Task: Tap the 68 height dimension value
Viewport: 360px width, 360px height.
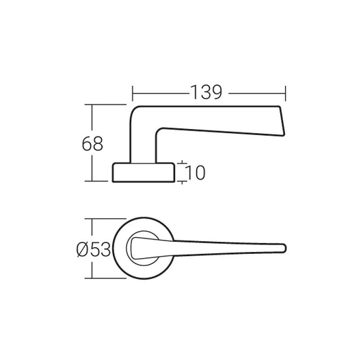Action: pos(92,143)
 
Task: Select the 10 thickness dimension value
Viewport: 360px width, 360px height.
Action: pos(194,173)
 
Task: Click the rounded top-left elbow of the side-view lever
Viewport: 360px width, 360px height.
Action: pos(134,110)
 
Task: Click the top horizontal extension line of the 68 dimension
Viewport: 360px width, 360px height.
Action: pos(108,105)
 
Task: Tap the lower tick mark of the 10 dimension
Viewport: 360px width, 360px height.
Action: pos(184,182)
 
